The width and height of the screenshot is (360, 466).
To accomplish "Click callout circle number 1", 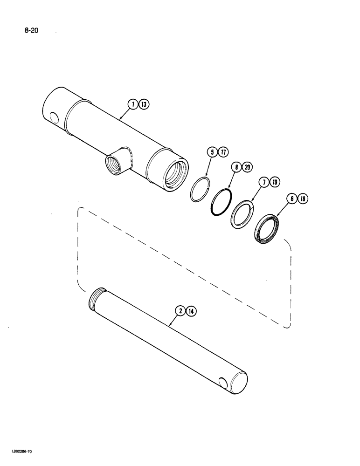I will (133, 105).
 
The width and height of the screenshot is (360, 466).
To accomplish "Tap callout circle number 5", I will (212, 151).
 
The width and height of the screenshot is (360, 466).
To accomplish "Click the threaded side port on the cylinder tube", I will (116, 164).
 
